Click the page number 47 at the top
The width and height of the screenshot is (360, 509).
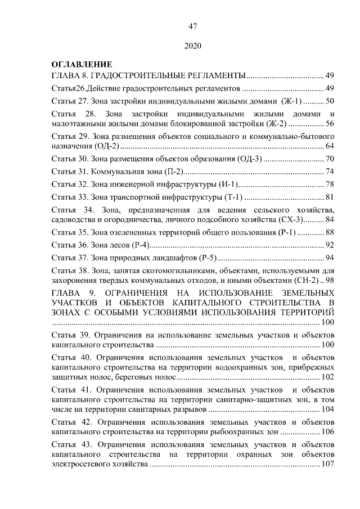pyautogui.click(x=192, y=26)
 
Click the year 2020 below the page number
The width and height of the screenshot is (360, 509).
pyautogui.click(x=192, y=45)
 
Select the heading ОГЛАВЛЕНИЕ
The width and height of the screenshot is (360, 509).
pyautogui.click(x=82, y=65)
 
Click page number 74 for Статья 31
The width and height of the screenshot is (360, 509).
pyautogui.click(x=330, y=171)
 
